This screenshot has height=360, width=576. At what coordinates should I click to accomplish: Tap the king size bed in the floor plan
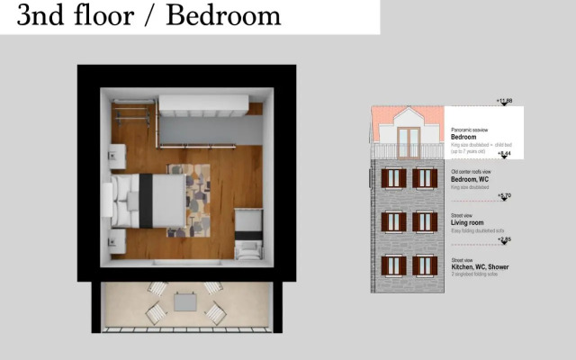(x=148, y=200)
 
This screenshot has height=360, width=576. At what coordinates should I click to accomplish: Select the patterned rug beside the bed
(x=197, y=200)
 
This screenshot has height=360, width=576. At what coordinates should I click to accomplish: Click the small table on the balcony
(x=185, y=303)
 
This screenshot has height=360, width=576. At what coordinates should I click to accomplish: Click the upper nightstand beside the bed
(x=117, y=157)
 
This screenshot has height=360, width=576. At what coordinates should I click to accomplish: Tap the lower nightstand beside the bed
(x=117, y=241)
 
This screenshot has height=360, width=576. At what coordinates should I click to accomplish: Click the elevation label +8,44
(x=504, y=154)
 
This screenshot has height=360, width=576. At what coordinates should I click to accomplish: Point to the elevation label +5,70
(x=504, y=195)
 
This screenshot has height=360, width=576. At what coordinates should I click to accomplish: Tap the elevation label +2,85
(x=504, y=239)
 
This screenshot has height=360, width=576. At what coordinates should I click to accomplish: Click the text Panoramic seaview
(x=471, y=130)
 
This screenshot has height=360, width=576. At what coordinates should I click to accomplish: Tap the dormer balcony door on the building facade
(x=409, y=142)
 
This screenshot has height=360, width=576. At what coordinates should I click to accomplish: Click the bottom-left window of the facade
(x=391, y=265)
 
